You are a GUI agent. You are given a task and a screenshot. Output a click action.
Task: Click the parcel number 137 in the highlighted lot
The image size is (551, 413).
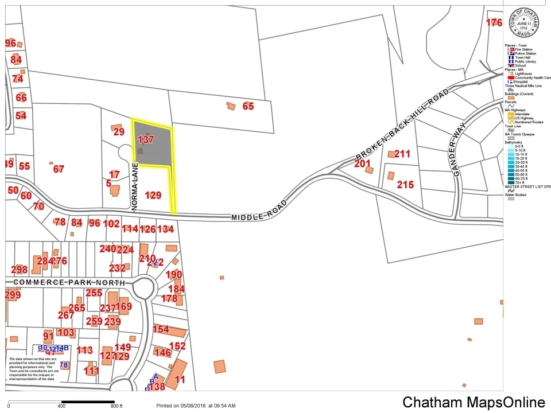click(146, 139)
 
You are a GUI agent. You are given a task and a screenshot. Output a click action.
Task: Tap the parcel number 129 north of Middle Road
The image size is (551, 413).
click(153, 196)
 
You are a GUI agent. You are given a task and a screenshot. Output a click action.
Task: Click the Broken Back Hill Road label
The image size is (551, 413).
click(401, 125)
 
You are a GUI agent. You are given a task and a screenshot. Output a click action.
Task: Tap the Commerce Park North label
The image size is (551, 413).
click(68, 283)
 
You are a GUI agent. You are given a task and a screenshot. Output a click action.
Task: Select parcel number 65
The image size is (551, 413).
click(248, 106)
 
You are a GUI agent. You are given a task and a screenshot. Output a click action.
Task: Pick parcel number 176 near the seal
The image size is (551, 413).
click(494, 23)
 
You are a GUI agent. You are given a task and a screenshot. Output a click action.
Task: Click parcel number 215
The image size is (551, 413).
click(405, 185)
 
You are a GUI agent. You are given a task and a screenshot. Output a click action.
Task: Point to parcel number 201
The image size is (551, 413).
click(362, 164)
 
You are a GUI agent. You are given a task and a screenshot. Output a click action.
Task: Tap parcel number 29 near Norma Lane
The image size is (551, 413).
click(119, 132)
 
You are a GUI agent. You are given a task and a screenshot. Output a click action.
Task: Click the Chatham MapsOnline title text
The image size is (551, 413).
click(474, 402)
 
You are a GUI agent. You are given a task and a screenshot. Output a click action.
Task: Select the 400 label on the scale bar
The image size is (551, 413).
click(61, 406)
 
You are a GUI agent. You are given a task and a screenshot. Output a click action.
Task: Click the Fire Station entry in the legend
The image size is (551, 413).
click(525, 50)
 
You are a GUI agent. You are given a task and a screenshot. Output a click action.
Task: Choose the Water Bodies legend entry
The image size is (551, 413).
click(518, 194)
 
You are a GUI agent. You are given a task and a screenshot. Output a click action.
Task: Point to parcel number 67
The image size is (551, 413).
click(59, 169)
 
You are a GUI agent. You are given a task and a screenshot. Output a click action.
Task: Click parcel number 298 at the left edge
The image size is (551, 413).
click(19, 270)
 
